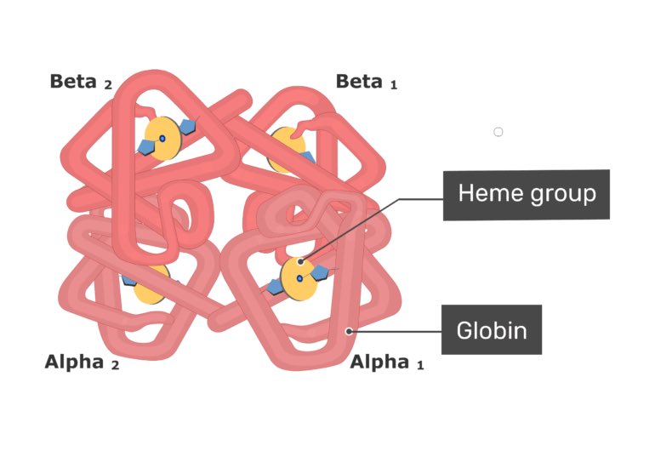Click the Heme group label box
(526, 194)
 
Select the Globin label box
(491, 329)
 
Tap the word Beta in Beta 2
(74, 82)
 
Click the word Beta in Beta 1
(360, 82)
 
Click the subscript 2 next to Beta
(108, 85)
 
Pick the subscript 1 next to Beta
(393, 85)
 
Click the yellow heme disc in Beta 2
(161, 137)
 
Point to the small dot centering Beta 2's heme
(162, 137)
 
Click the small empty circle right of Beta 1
(498, 132)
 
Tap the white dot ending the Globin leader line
(349, 330)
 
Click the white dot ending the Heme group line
(300, 262)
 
